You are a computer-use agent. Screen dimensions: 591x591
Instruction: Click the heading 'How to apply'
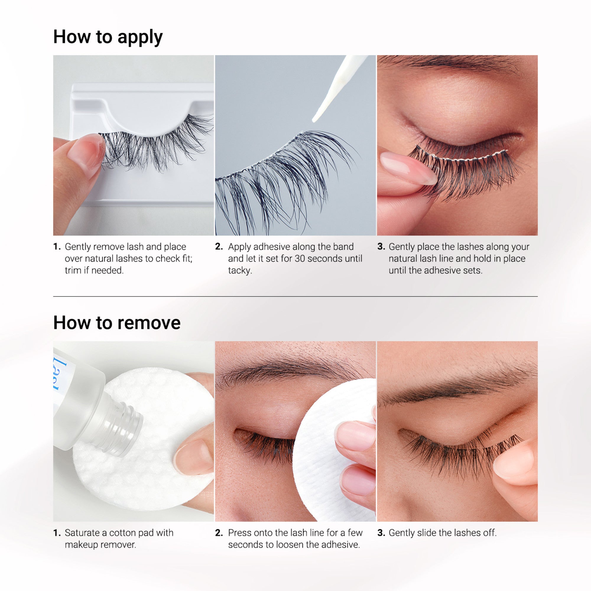pyautogui.click(x=108, y=37)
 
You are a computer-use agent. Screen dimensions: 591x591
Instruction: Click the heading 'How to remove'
pyautogui.click(x=116, y=323)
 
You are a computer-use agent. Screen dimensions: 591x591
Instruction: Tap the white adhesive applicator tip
pyautogui.click(x=317, y=118)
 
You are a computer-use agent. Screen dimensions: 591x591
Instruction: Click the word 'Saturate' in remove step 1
pyautogui.click(x=82, y=533)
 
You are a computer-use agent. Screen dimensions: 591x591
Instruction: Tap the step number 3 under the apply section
pyautogui.click(x=381, y=246)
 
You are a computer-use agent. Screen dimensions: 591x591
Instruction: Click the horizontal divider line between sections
pyautogui.click(x=295, y=296)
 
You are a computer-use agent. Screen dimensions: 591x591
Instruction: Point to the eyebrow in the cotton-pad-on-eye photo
pyautogui.click(x=285, y=370)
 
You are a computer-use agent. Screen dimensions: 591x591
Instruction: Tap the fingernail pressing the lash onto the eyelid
pyautogui.click(x=404, y=167)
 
